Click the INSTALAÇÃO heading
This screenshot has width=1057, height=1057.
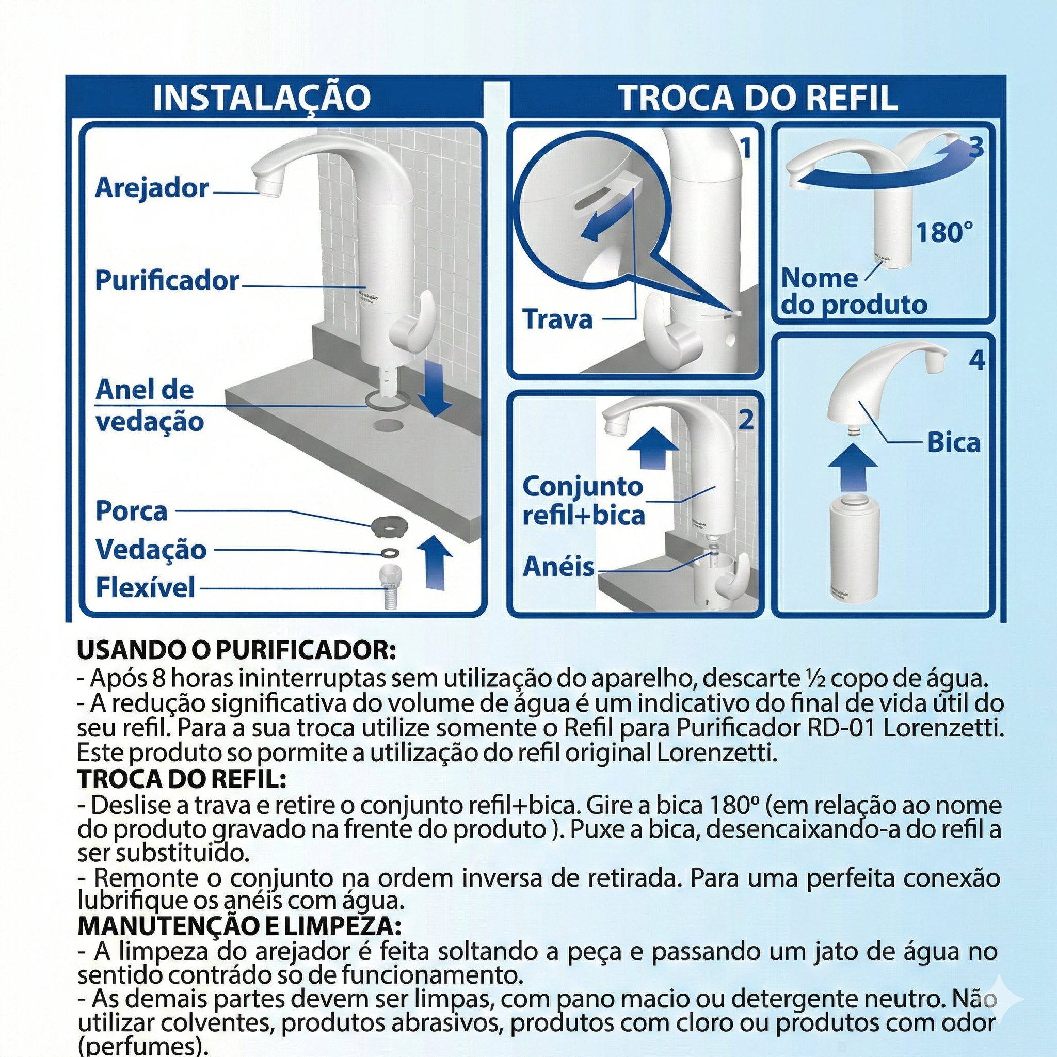point(262,98)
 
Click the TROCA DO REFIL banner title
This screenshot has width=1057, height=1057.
point(758,98)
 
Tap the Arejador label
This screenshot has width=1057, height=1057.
point(152,188)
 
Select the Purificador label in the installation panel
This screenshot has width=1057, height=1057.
point(167,281)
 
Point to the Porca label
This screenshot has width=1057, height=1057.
point(131,511)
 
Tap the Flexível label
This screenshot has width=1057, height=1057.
point(145,588)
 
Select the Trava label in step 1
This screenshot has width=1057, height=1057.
point(557,319)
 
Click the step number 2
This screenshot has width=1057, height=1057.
point(746,420)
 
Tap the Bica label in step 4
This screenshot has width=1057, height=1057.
point(954,442)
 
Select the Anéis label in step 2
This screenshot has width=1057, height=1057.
point(558,567)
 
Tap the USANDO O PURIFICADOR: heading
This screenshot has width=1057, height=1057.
point(236,650)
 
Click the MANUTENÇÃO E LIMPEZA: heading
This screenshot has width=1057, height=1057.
point(239,926)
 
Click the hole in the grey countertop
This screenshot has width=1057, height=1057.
point(388,424)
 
